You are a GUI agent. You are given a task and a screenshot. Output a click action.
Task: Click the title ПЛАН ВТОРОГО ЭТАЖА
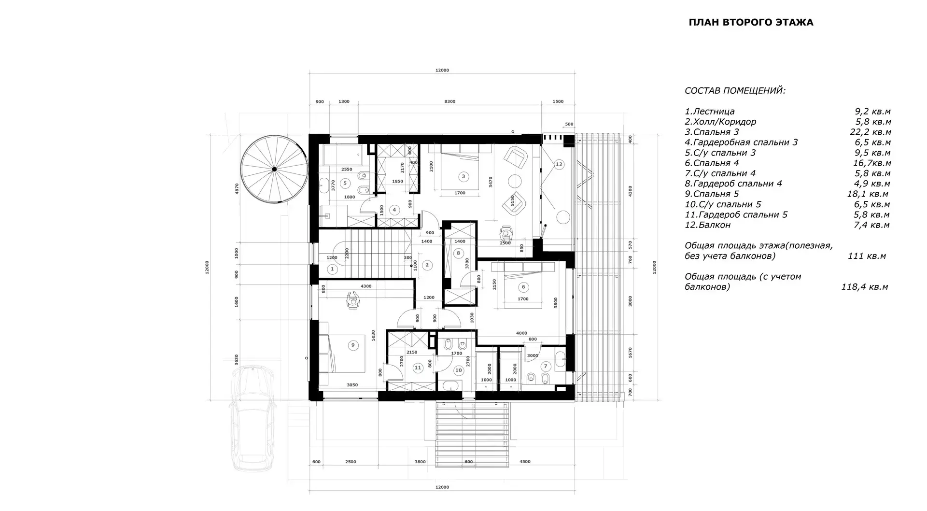tap(751, 22)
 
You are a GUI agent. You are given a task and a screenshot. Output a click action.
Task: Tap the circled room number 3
tap(463, 176)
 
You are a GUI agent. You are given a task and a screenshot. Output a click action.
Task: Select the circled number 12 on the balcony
tap(559, 165)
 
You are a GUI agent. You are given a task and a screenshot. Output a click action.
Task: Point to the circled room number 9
tap(353, 345)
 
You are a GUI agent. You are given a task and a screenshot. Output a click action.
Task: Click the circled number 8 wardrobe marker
tap(458, 253)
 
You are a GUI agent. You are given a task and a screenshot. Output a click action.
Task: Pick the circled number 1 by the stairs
tap(332, 269)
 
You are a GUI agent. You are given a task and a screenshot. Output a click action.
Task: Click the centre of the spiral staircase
tap(274, 169)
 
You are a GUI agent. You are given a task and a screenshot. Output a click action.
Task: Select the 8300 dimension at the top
tap(449, 101)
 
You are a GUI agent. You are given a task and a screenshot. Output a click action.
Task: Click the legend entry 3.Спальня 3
tap(712, 132)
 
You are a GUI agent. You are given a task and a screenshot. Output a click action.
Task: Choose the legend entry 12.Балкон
tap(707, 225)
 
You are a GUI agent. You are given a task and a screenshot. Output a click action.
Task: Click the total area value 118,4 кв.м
tap(864, 287)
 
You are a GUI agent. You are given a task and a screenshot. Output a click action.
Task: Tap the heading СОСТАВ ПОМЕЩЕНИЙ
tap(735, 91)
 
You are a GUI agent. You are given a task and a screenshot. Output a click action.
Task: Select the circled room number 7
tap(546, 366)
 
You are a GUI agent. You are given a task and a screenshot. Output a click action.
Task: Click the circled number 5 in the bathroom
tap(345, 183)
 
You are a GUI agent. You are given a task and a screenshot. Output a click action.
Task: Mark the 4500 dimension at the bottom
tap(525, 462)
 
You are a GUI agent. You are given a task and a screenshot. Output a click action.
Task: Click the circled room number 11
tap(418, 368)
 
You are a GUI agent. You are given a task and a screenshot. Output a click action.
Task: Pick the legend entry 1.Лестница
tap(710, 112)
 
